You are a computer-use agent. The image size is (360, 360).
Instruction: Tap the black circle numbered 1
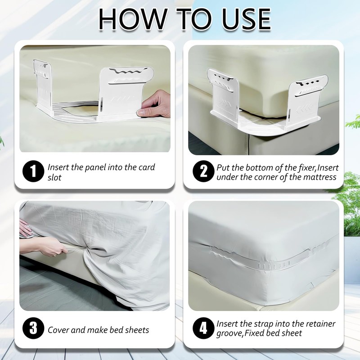[x=33, y=171]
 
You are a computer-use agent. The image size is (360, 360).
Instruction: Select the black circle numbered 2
[x=204, y=171]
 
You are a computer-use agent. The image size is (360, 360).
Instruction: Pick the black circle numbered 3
[x=33, y=328]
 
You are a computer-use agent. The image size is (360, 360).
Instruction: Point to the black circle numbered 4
[x=204, y=328]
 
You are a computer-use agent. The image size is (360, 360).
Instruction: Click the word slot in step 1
[x=54, y=177]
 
